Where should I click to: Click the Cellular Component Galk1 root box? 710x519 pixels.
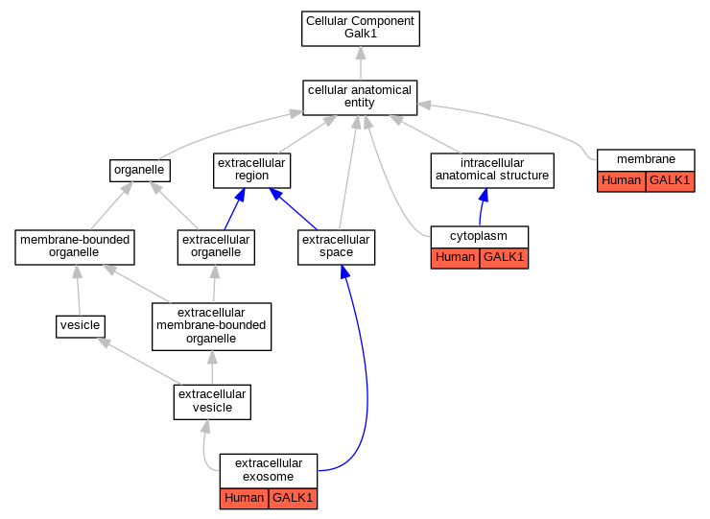[361, 29]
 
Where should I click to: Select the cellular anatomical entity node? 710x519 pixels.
[360, 98]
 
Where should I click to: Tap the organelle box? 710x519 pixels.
[140, 171]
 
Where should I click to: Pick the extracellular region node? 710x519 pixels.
[251, 171]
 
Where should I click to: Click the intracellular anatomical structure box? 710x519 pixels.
[492, 171]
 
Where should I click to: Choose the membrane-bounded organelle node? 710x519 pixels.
[75, 248]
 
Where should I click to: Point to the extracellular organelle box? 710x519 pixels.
[216, 248]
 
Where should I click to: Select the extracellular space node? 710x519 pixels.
[336, 248]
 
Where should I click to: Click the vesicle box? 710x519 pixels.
[81, 326]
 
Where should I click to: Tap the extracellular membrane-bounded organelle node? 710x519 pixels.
[211, 326]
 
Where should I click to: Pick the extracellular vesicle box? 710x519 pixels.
[212, 402]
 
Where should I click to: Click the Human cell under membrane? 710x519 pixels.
[622, 181]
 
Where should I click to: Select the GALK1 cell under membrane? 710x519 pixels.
[670, 181]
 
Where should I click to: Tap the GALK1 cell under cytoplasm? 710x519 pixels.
[504, 258]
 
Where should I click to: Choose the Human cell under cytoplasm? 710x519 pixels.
[455, 258]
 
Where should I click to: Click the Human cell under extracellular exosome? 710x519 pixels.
[244, 499]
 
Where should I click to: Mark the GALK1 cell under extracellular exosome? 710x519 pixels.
[293, 499]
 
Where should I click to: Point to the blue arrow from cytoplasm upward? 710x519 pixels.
[482, 206]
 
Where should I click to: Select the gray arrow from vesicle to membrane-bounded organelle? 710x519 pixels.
[79, 290]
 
